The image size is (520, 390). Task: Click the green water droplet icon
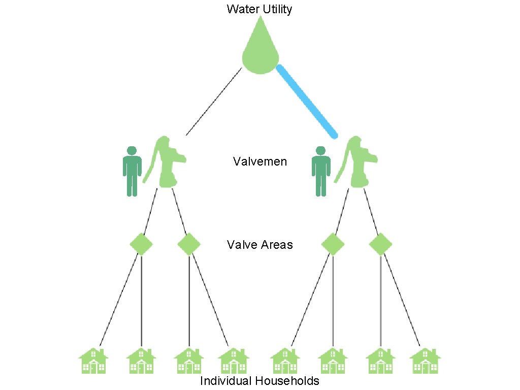point(261,53)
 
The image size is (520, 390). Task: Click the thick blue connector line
point(307,101)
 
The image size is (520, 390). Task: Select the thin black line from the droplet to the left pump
point(213,102)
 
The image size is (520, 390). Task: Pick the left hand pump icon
point(166,162)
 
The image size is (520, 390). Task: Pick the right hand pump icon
point(357,162)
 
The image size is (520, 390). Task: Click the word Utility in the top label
point(277,9)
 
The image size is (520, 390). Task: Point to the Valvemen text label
point(260,162)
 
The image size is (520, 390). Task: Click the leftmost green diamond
point(141,244)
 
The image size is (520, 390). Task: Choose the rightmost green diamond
point(380,244)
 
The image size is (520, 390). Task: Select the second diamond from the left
point(189,244)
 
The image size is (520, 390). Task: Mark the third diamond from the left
point(333,244)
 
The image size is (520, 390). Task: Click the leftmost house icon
point(94,361)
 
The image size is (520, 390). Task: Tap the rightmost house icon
point(425,361)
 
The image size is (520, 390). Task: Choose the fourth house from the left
point(234,361)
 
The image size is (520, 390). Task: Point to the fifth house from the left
point(285,361)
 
